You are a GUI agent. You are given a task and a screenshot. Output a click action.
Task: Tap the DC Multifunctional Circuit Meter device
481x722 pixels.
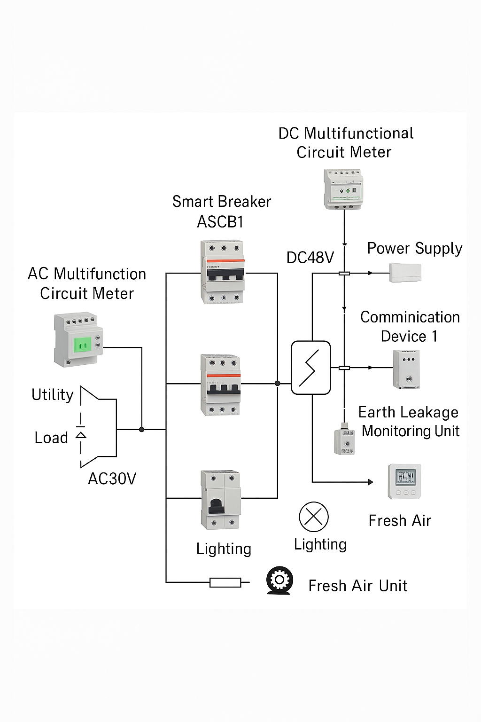pos(344,189)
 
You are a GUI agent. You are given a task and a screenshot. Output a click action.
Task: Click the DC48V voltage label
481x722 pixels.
pos(310,258)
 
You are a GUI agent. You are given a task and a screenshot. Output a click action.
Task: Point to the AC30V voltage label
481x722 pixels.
pos(112,479)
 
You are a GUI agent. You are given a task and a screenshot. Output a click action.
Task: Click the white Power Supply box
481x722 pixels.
pos(405,273)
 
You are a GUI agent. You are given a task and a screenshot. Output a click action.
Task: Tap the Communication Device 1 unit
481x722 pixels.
pos(406,369)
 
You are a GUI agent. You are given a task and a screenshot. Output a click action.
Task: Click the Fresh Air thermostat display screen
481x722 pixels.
pos(404,477)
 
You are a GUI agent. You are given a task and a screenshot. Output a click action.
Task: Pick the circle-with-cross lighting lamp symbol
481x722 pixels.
pos(314,517)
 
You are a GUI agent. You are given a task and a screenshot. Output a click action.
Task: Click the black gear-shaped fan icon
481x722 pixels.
pos(279,580)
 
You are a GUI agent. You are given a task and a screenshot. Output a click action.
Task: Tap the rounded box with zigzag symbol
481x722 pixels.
pos(311,368)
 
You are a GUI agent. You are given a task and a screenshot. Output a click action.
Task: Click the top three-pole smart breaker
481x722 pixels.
pos(222,272)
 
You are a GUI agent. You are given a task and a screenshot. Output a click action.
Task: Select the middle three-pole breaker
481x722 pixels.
pos(221,385)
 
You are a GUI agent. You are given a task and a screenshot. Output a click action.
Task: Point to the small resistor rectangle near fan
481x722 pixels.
pos(225,583)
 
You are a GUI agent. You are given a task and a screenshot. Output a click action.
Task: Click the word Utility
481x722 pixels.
pos(52,395)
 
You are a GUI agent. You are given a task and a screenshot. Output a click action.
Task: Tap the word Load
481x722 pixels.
pos(51,438)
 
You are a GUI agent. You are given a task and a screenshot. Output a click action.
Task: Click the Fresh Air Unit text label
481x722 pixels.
pos(357,586)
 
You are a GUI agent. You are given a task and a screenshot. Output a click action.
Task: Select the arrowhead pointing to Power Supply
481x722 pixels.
pos(371,273)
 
